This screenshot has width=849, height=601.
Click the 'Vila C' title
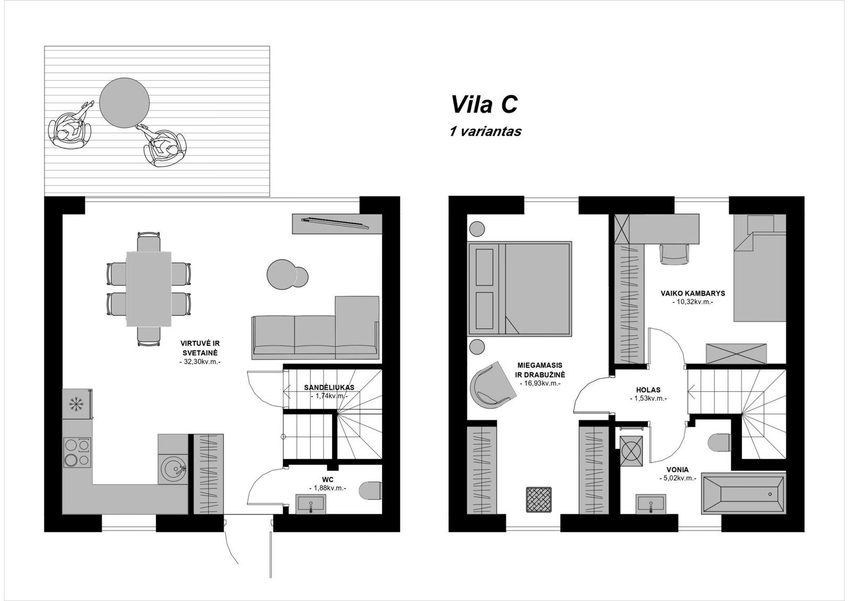(x=484, y=104)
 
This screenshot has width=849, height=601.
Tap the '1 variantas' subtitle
(x=486, y=131)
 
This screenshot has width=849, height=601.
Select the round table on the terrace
(x=124, y=103)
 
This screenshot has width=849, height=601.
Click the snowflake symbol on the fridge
(x=75, y=404)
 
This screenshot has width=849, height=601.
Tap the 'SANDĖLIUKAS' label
(x=329, y=388)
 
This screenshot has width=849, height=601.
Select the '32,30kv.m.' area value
(x=200, y=362)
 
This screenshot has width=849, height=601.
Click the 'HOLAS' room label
(x=648, y=390)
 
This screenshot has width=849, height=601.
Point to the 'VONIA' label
(x=677, y=470)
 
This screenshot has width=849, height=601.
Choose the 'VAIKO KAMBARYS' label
(x=693, y=293)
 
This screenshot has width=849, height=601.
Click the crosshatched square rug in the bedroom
(x=539, y=500)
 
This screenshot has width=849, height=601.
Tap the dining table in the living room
(x=149, y=289)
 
